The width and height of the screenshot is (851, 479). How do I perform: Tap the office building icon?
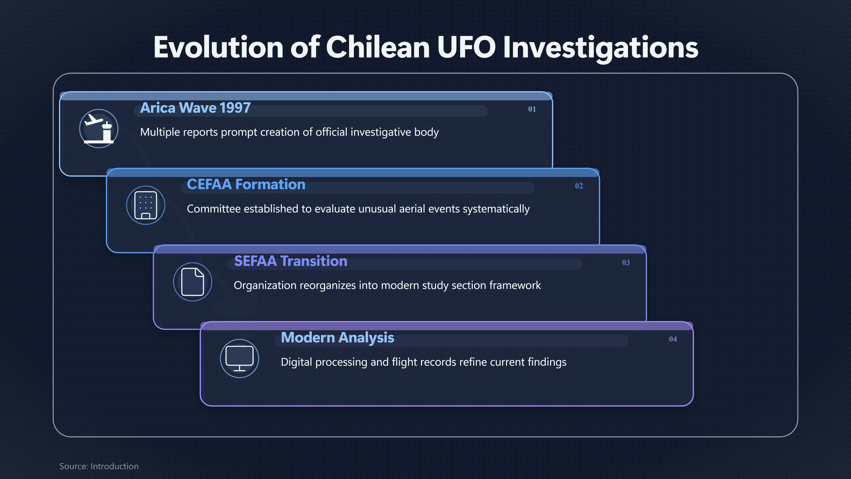(146, 205)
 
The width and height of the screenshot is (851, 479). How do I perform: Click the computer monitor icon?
(240, 359)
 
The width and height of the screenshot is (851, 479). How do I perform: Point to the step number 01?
(532, 109)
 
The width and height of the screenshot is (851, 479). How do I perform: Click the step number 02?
(579, 186)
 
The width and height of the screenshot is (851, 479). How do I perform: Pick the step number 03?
(626, 263)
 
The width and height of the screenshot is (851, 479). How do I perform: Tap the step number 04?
(673, 339)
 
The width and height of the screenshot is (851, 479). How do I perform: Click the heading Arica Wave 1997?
(195, 108)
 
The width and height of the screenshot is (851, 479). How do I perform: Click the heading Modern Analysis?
(337, 338)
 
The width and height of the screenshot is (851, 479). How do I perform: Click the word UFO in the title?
(466, 47)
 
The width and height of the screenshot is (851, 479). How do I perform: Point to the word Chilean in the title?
(378, 47)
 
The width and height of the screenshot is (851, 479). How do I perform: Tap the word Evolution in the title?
(218, 47)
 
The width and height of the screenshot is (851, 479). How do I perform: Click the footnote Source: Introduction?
(99, 466)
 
